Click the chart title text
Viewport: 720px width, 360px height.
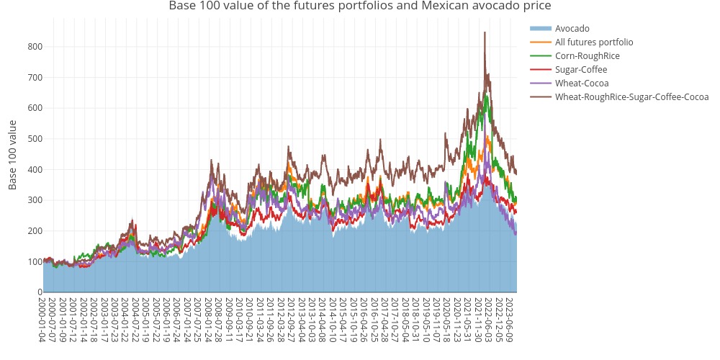click(359, 6)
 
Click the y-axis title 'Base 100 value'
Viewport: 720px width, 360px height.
click(13, 155)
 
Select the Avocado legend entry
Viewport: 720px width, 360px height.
click(572, 29)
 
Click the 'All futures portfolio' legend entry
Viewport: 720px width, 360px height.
click(594, 42)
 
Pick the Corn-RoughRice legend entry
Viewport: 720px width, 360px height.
click(587, 56)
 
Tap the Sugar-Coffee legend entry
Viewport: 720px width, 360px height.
click(580, 70)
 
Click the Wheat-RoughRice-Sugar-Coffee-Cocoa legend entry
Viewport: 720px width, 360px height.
click(631, 97)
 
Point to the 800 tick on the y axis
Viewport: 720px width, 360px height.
click(35, 47)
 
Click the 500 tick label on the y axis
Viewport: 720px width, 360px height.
click(35, 139)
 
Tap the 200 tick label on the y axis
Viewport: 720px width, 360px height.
click(35, 231)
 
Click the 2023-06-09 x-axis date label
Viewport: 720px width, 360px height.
click(509, 320)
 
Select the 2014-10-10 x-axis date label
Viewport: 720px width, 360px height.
click(333, 320)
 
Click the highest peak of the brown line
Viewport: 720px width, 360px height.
click(485, 32)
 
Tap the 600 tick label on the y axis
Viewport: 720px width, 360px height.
click(35, 108)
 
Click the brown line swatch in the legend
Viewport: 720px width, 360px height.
click(540, 97)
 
